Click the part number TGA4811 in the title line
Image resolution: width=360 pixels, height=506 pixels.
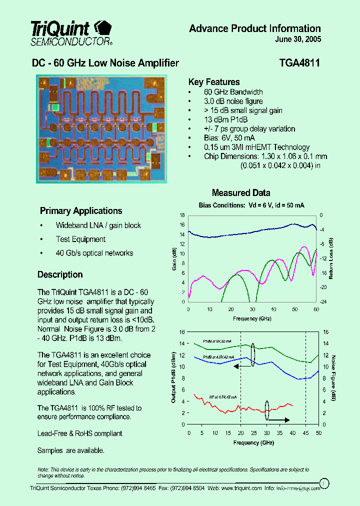(299, 63)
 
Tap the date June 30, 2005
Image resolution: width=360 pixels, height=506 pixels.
(298, 39)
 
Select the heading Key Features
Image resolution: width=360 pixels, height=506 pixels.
(213, 82)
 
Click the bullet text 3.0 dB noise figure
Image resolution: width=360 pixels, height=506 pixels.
(233, 101)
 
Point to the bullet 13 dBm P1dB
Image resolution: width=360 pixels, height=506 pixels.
(225, 119)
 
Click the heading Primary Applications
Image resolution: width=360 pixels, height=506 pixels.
(81, 211)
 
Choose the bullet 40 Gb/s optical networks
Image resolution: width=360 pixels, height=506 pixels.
(94, 253)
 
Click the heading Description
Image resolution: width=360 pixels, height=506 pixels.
(60, 274)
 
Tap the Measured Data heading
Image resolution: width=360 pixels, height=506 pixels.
(241, 193)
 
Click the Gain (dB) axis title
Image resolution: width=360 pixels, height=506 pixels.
(174, 259)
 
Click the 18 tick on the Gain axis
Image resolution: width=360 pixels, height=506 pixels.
(182, 215)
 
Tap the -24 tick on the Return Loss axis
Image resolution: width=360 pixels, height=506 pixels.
(323, 301)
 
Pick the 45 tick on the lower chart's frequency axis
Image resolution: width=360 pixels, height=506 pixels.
(305, 433)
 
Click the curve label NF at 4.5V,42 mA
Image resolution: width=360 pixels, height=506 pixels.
(223, 397)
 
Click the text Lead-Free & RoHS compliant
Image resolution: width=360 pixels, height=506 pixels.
(80, 433)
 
